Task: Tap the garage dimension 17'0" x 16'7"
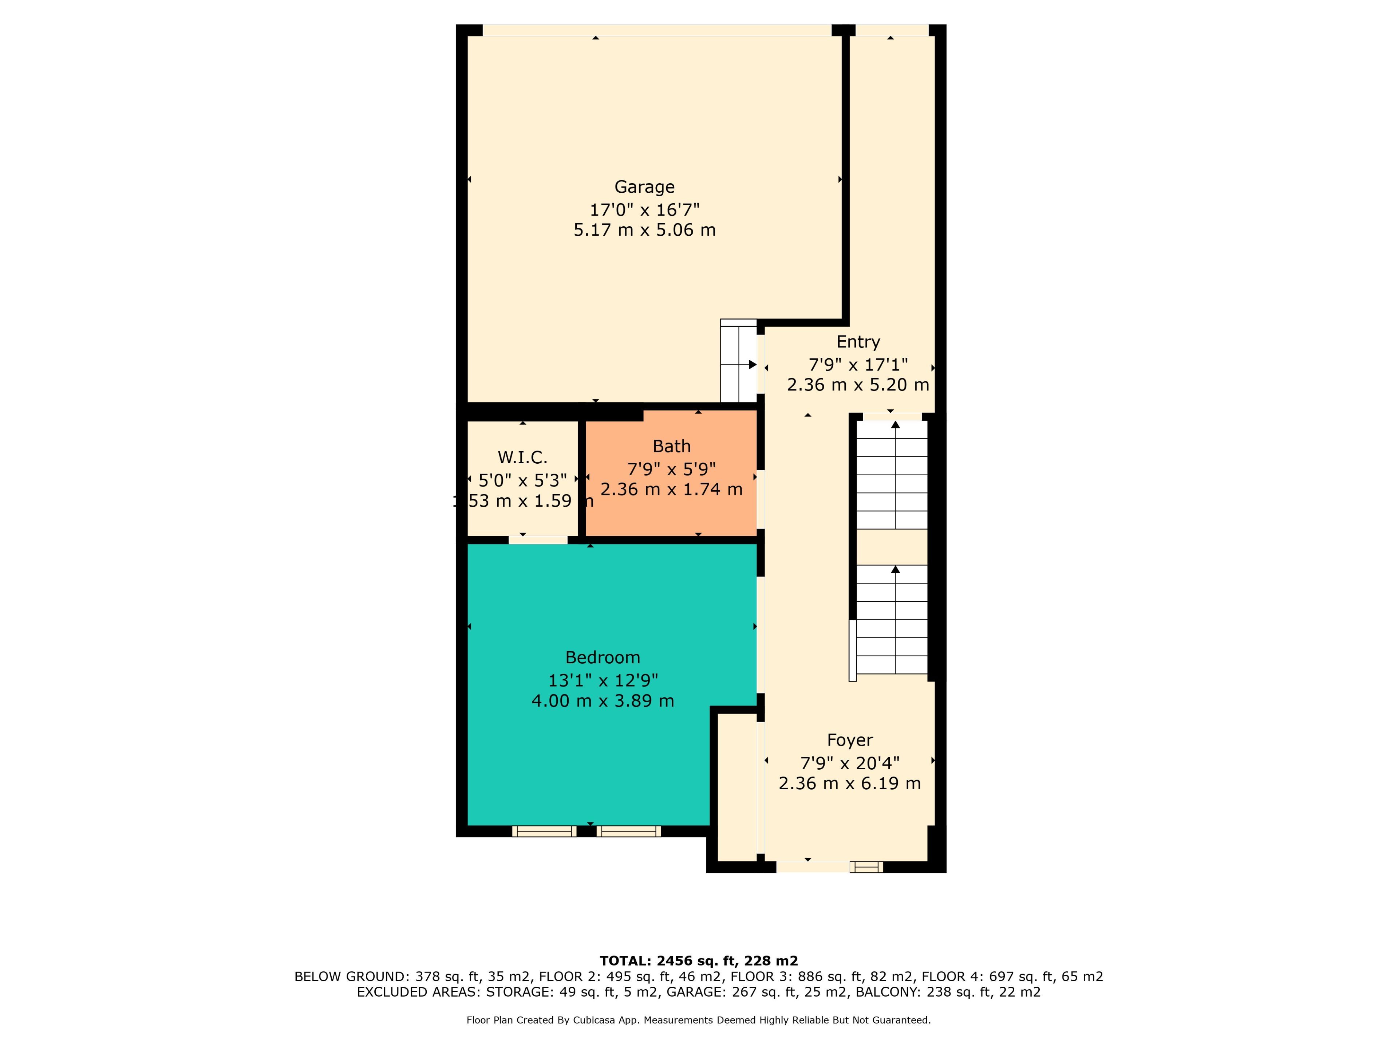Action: [x=645, y=209]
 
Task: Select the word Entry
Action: [x=858, y=342]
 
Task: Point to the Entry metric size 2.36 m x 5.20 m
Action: [x=858, y=384]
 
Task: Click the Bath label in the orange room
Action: [x=671, y=447]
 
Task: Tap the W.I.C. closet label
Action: [x=523, y=457]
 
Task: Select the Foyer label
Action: [x=850, y=740]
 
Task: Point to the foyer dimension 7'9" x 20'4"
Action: [x=850, y=763]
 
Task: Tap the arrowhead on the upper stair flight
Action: [x=896, y=424]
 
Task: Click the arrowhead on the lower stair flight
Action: [x=896, y=570]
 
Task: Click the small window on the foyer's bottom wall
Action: [x=866, y=867]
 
